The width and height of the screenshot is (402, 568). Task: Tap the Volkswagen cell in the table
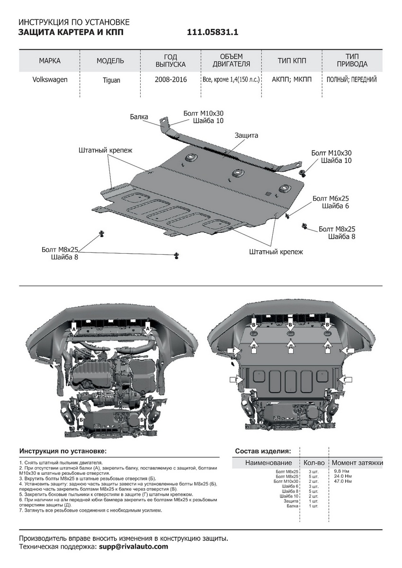coord(50,80)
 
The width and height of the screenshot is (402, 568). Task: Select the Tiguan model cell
coord(112,80)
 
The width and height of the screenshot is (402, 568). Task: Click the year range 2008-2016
coord(170,80)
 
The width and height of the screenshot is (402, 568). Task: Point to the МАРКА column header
coord(50,61)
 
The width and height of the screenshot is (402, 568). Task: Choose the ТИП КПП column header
coord(292,61)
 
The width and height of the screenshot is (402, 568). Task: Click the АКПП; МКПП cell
coord(292,80)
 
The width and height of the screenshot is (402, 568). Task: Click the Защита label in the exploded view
coord(246,135)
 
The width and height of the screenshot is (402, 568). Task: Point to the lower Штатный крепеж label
coord(276,252)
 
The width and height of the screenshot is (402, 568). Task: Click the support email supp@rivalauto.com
coord(134,547)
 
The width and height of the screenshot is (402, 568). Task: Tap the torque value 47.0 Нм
coord(343,481)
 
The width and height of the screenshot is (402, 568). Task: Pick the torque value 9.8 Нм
coord(341,471)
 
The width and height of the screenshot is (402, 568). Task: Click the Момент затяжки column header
coord(357,462)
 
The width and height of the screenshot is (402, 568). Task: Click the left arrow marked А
coord(73,328)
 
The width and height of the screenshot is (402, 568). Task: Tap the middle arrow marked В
coord(290,326)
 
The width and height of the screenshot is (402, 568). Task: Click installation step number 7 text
coord(90,511)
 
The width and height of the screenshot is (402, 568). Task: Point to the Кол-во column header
coord(314,462)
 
